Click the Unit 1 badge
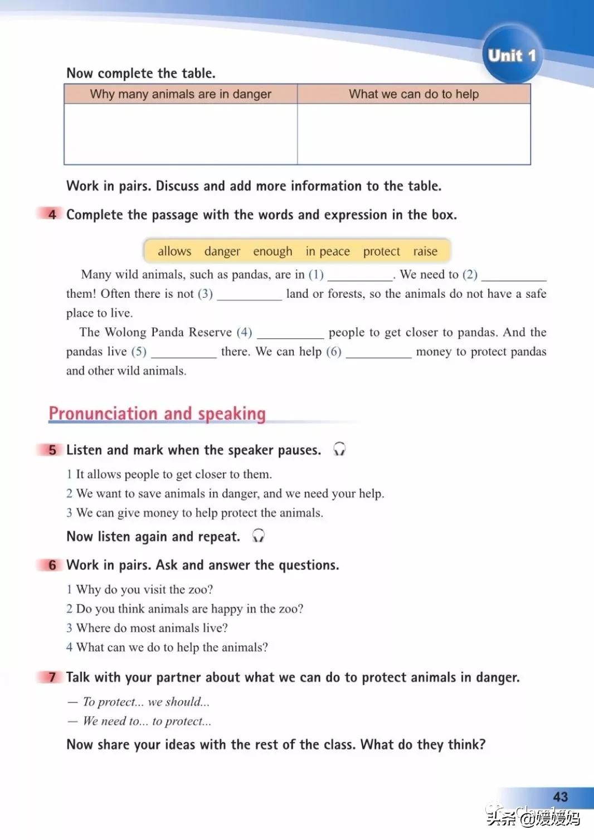[x=512, y=55]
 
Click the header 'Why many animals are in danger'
[x=181, y=94]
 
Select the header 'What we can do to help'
[x=413, y=94]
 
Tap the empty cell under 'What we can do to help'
[x=413, y=134]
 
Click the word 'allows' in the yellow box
[x=174, y=251]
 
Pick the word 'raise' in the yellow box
[x=425, y=251]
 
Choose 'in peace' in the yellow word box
[x=328, y=251]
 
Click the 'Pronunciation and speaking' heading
[x=157, y=414]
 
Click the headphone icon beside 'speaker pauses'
[x=339, y=449]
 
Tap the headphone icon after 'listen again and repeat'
[x=258, y=536]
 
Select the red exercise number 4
[x=52, y=214]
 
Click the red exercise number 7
[x=52, y=677]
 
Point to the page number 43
[x=560, y=797]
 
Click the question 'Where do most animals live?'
[x=152, y=628]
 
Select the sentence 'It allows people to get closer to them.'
[x=173, y=474]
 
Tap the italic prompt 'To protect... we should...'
[x=146, y=702]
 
